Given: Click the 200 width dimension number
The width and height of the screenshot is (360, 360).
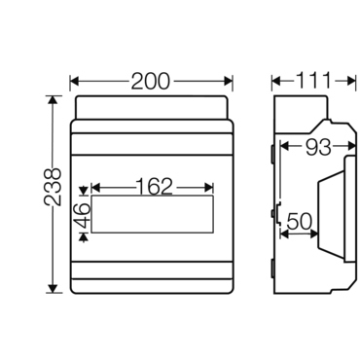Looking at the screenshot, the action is [150, 81].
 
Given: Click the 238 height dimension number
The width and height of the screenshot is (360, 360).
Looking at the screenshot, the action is [53, 187].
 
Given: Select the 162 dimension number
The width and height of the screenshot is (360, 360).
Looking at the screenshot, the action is [154, 187].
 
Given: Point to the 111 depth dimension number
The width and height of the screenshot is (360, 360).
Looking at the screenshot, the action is [314, 81].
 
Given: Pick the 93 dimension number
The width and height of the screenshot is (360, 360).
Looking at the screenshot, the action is [318, 147].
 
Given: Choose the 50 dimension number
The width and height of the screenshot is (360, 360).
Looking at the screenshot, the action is [300, 222].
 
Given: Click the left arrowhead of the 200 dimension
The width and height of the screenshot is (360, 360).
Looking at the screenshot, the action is [75, 81].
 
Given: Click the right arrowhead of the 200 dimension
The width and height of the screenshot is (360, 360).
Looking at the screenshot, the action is [229, 81].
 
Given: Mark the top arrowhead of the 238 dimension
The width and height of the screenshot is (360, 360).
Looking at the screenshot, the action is [53, 100].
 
